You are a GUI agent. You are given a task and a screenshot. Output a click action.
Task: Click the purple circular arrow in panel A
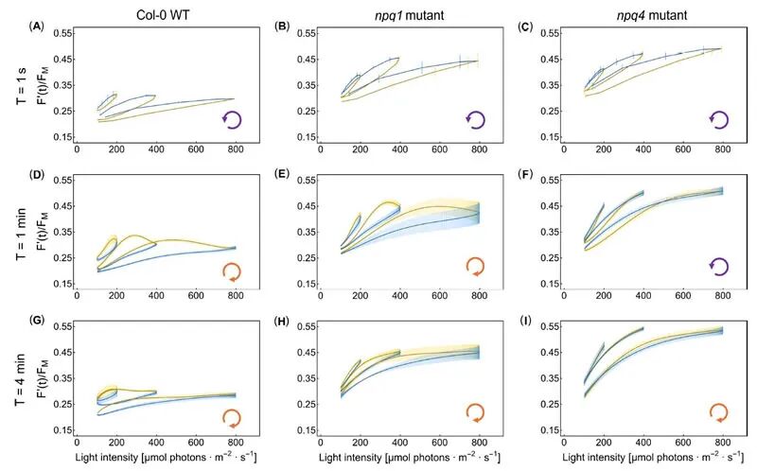(x=233, y=119)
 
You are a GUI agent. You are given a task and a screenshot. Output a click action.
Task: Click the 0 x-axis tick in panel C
(x=565, y=148)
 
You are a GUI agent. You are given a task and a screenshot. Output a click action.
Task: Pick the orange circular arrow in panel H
(x=476, y=412)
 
